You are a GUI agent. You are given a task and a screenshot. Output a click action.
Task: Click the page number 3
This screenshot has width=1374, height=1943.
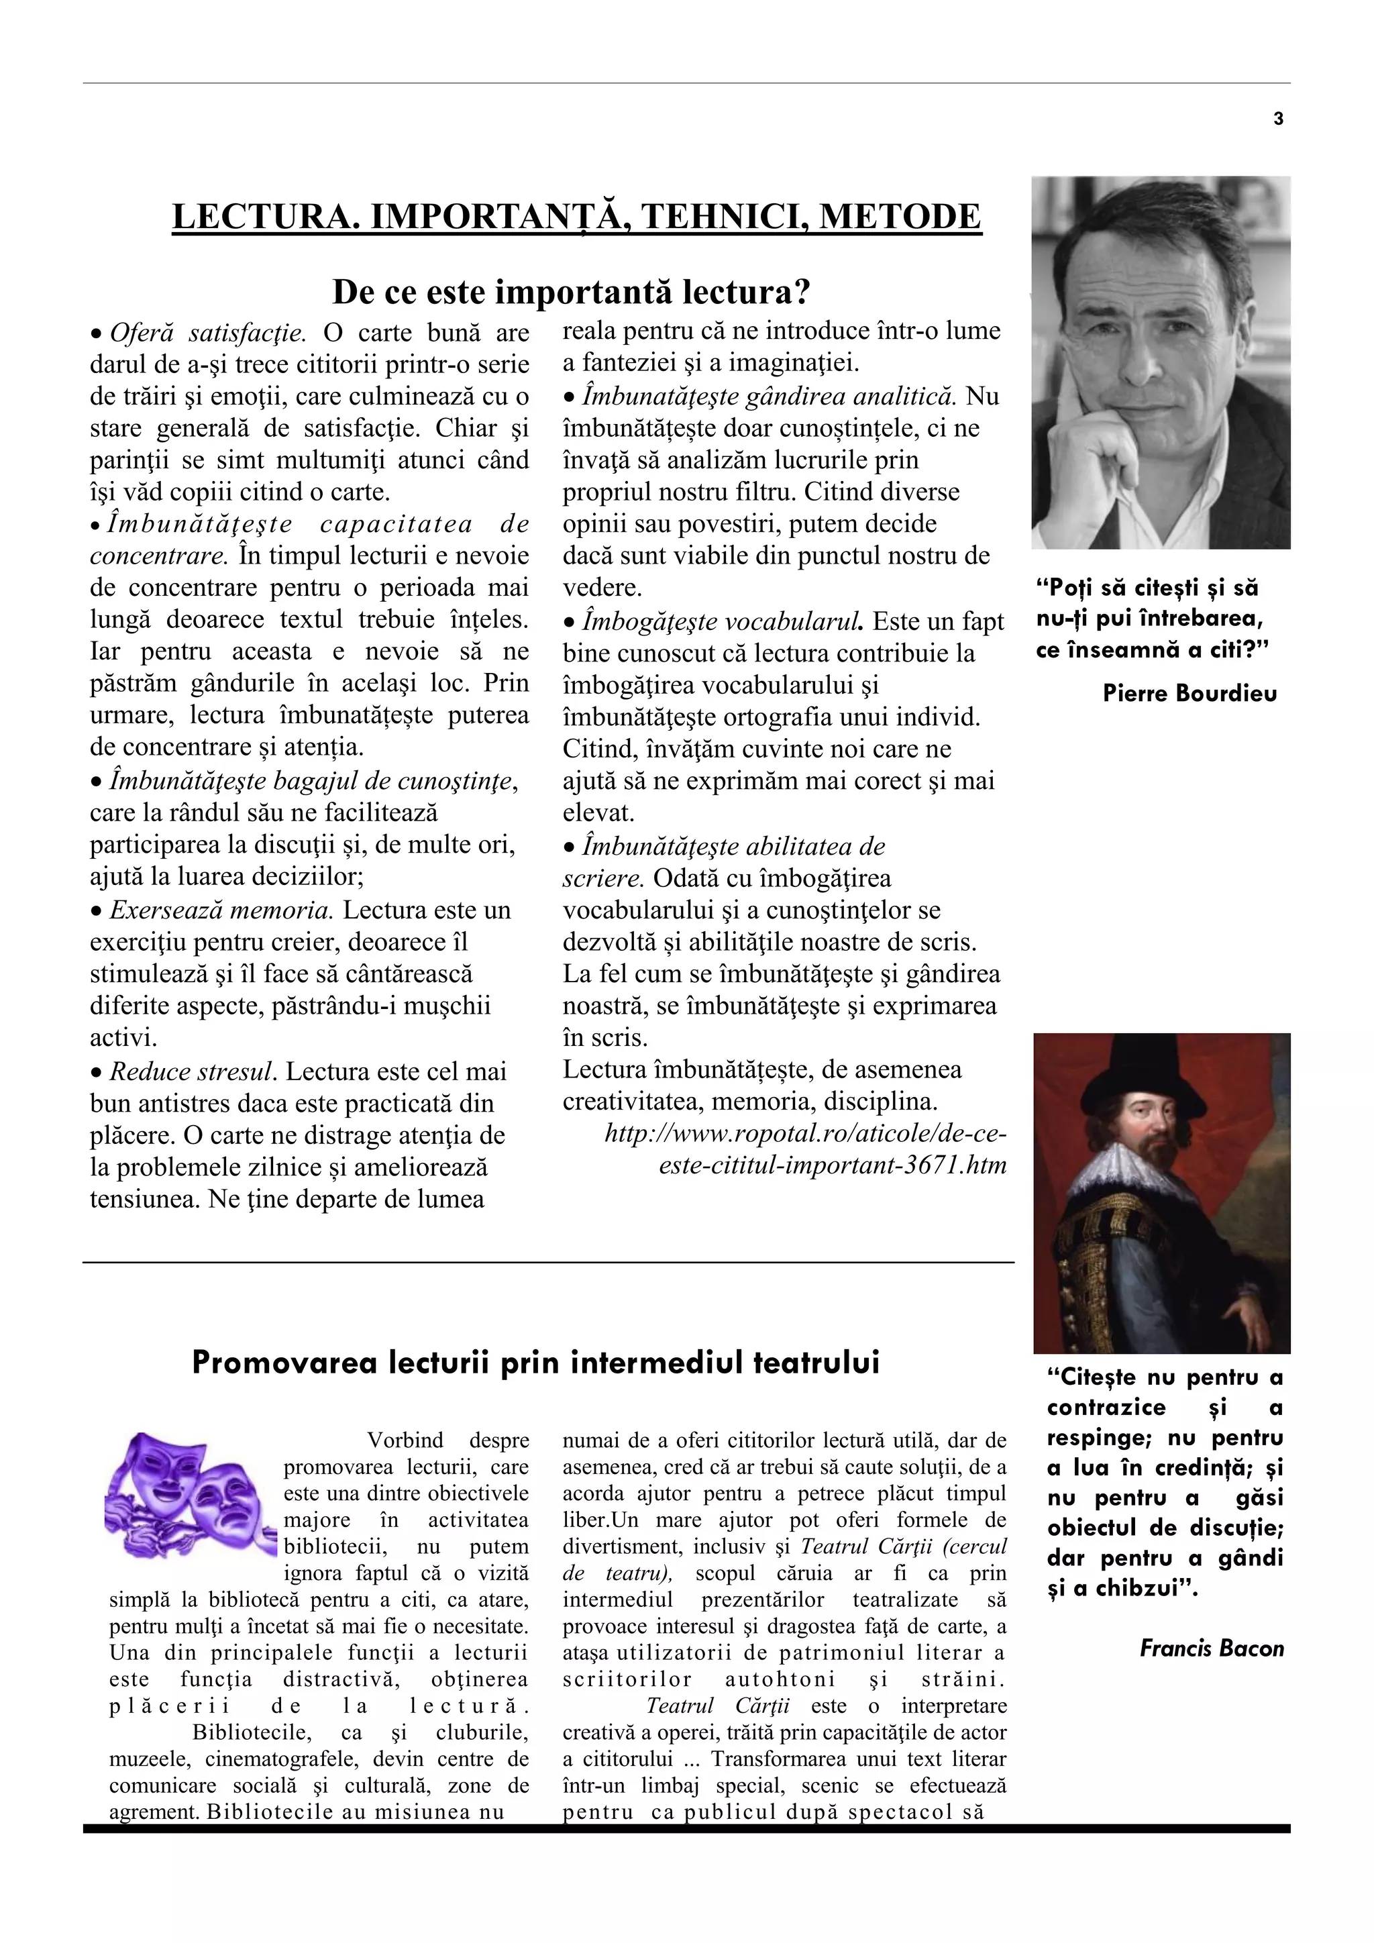[x=1277, y=119]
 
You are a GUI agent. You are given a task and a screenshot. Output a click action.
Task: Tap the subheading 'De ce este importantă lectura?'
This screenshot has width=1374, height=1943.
[x=571, y=292]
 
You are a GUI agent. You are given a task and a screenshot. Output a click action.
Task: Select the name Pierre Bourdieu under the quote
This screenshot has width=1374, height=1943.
[x=1190, y=694]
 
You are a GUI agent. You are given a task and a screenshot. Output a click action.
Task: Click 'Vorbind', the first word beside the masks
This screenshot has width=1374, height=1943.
[x=405, y=1440]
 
